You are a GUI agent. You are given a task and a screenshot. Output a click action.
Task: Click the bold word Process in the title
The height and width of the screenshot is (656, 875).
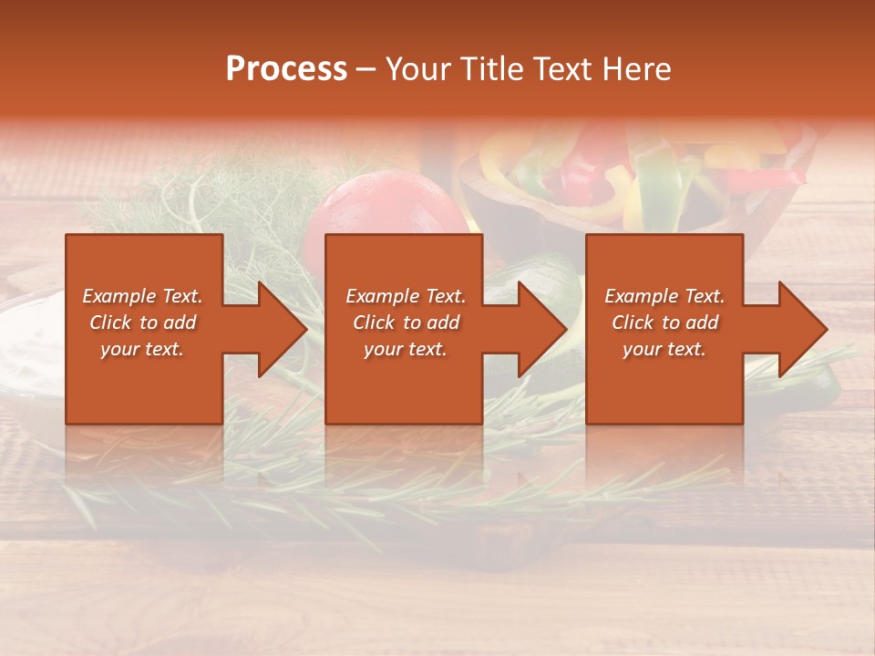(286, 69)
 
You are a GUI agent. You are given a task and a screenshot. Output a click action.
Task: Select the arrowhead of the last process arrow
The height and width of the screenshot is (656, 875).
(801, 329)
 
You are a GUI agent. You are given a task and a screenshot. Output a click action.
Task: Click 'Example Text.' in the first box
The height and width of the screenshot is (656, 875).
(142, 296)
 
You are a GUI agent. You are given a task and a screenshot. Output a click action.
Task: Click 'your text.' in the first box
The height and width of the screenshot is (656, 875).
(142, 349)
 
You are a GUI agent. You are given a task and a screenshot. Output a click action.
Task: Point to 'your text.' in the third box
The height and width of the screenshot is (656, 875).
(664, 349)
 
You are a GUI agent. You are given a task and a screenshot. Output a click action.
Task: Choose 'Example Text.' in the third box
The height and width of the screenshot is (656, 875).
(664, 296)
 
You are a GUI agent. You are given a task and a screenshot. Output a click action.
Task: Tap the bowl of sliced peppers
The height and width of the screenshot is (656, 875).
(638, 178)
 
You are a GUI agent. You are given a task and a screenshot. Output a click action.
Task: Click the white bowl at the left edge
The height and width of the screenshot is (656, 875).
(27, 346)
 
